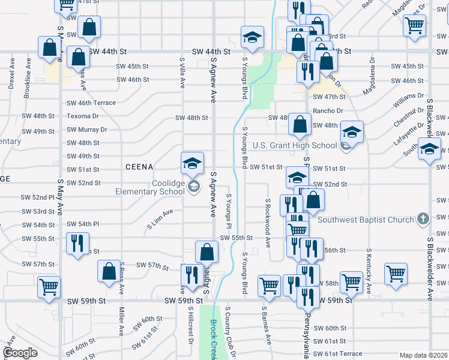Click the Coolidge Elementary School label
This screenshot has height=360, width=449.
[x=150, y=187]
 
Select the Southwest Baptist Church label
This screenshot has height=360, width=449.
[x=366, y=220]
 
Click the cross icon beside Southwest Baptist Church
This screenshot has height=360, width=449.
[x=423, y=220]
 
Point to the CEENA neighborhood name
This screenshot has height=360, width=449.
[x=140, y=166]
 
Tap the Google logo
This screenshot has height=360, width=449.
[x=20, y=353]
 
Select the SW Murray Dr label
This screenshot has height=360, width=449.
[x=87, y=129]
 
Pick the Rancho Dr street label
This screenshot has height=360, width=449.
[x=327, y=110]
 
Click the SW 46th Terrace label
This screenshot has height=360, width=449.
[x=91, y=103]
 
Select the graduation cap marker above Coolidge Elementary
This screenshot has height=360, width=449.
[x=193, y=163]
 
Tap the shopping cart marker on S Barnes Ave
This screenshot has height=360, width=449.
[x=269, y=286]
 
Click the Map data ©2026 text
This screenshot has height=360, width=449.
[x=424, y=355]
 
